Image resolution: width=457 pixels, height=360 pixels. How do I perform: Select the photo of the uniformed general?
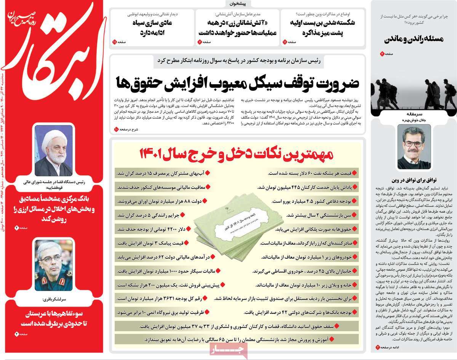[x=53, y=265]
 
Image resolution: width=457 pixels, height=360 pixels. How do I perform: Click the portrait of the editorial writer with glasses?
[x=414, y=147]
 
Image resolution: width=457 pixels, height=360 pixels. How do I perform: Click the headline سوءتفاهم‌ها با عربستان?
[x=53, y=319]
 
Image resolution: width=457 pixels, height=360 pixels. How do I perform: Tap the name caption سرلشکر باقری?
[x=53, y=299]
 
